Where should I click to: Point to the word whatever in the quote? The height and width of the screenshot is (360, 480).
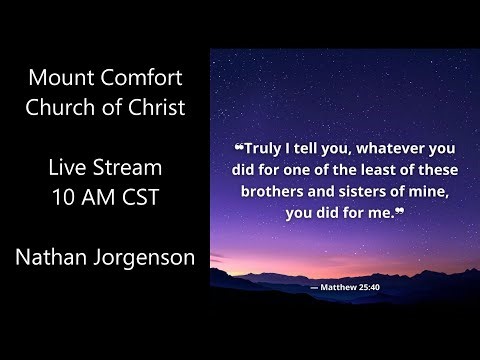386,143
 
